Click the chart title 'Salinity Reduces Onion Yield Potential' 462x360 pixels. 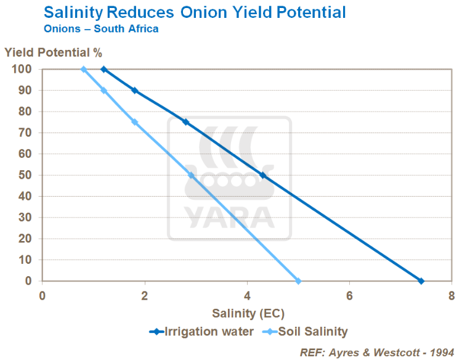pos(194,12)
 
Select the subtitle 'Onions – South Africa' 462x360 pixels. pos(101,29)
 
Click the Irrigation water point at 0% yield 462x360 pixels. pos(421,281)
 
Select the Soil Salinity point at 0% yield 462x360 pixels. pos(298,281)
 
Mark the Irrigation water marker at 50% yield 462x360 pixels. pos(263,175)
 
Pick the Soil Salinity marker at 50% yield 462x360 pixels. pos(191,175)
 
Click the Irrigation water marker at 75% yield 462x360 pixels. pos(185,122)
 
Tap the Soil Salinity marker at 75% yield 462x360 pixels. pos(134,122)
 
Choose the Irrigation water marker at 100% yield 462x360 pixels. pos(103,69)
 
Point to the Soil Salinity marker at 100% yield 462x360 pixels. pos(83,69)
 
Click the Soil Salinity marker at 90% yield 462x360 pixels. pos(103,90)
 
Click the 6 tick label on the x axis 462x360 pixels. pos(349,295)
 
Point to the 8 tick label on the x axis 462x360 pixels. pos(452,295)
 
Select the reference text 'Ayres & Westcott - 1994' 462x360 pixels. pos(395,352)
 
